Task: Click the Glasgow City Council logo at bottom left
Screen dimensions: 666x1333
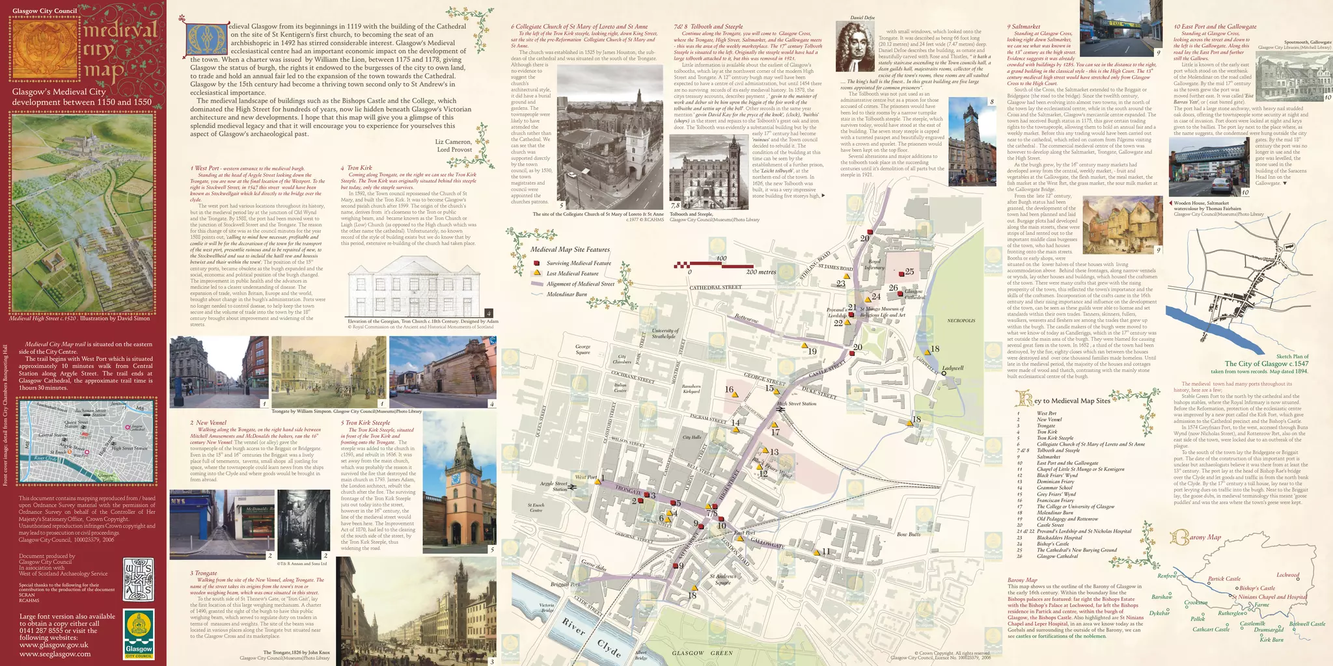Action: point(139,633)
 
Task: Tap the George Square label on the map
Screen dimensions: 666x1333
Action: point(583,350)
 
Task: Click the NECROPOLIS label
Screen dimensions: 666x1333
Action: point(961,321)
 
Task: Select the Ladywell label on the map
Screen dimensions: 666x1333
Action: point(953,368)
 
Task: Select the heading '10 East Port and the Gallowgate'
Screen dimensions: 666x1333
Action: point(1215,27)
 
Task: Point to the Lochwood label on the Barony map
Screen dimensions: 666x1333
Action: point(1287,575)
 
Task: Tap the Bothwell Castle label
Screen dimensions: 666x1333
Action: point(1307,624)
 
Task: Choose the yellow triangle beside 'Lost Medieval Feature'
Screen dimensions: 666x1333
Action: point(537,274)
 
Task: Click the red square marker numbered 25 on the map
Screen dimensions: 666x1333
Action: point(901,273)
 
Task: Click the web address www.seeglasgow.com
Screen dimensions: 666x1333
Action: point(55,654)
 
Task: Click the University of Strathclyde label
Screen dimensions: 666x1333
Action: point(664,334)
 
